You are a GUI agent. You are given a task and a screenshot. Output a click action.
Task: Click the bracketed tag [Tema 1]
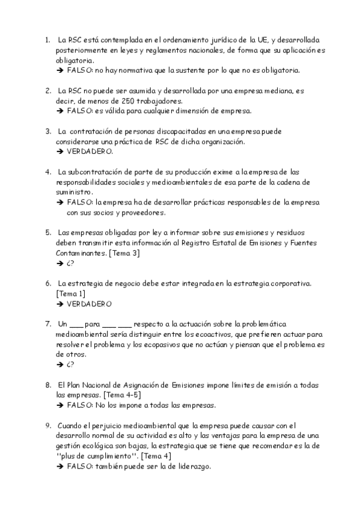[x=70, y=293]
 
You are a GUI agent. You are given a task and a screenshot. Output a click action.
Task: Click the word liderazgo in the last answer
[x=191, y=466]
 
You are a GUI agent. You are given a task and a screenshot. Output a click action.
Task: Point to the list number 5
[x=48, y=232]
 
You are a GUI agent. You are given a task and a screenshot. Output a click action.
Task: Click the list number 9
[x=48, y=425]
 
